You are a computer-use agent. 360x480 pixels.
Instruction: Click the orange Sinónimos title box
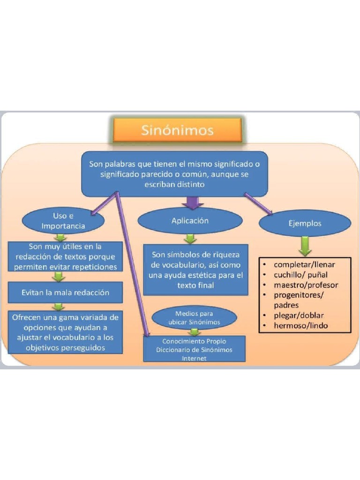coord(177,130)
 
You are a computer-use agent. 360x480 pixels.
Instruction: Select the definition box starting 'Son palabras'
coord(174,174)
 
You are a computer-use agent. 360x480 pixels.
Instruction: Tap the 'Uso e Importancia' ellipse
coord(63,221)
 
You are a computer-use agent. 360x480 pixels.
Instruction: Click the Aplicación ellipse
coord(190,221)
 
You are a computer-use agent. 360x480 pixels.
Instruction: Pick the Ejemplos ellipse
coord(305,224)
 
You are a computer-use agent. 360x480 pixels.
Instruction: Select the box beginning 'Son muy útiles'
coord(66,256)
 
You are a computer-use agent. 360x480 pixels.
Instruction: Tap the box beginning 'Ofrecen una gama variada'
coord(66,332)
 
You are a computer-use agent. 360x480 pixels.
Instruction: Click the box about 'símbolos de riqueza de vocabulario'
coord(195,270)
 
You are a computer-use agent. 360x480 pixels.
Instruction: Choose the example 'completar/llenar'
coord(304,264)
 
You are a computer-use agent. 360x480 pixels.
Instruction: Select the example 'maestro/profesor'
coord(306,285)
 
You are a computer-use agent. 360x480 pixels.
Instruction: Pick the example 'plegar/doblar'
coord(299,315)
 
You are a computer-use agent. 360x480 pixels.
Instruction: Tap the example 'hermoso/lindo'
coord(301,325)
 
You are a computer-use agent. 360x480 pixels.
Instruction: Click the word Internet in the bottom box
coord(194,358)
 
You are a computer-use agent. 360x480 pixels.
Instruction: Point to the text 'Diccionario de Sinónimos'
coord(194,350)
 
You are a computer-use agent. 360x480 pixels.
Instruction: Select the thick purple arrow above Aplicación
coord(193,202)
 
